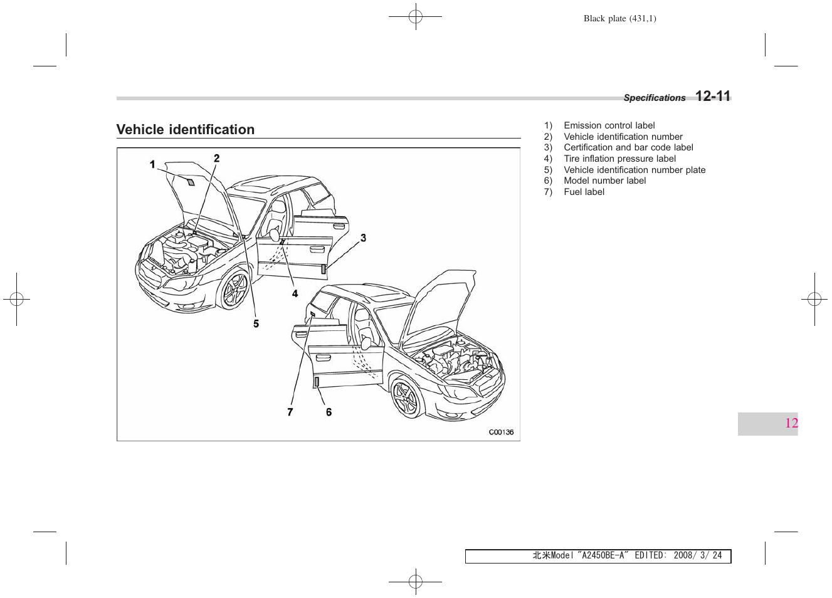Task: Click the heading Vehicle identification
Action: (x=186, y=130)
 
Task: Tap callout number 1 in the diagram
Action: (x=152, y=165)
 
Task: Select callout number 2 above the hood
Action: (x=217, y=159)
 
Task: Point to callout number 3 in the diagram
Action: (x=363, y=238)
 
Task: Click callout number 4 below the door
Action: (x=295, y=293)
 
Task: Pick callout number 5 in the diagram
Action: (x=256, y=323)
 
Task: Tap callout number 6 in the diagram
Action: (x=329, y=412)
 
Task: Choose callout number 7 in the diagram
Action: (x=290, y=412)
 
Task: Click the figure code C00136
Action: (x=501, y=432)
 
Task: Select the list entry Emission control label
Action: (x=609, y=125)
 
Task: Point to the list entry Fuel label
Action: (x=584, y=192)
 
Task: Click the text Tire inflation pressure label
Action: (x=619, y=159)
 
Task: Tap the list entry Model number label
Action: (x=604, y=181)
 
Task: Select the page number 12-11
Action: (x=713, y=97)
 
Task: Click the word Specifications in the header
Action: (x=654, y=98)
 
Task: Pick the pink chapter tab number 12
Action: (x=791, y=423)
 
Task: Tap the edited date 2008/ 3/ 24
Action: (x=697, y=555)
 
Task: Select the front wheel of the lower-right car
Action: (x=406, y=397)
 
